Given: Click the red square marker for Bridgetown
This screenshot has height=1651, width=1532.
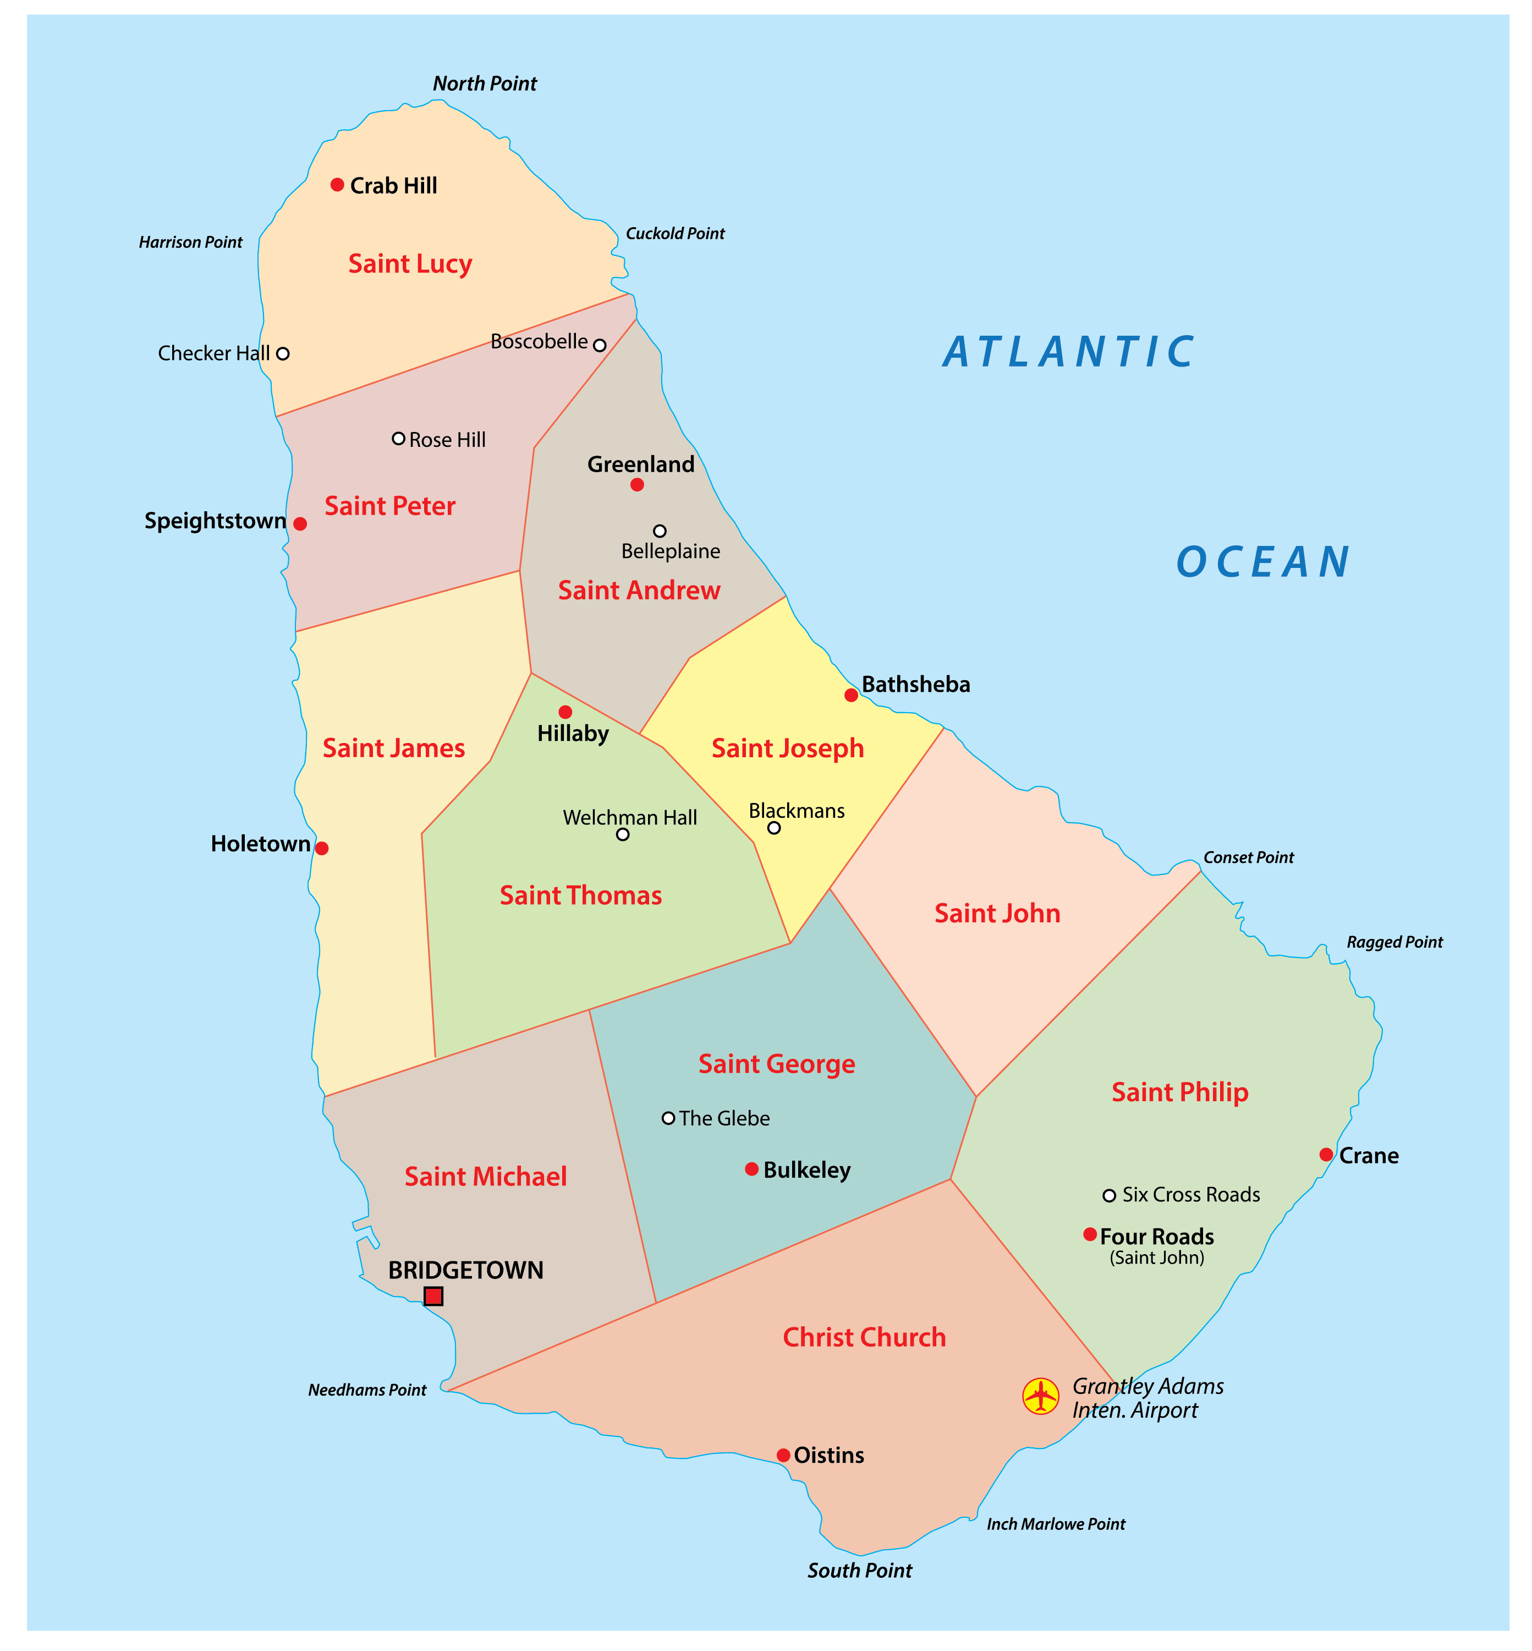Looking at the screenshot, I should (433, 1296).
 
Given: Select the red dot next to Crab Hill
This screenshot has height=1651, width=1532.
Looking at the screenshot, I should (337, 185).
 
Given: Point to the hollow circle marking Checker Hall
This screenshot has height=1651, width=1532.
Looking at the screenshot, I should (283, 353).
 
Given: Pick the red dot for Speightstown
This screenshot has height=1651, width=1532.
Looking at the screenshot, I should (300, 524).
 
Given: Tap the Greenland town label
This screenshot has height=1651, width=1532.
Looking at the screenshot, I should (641, 464).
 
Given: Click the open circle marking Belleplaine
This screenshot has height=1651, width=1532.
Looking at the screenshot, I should (660, 531).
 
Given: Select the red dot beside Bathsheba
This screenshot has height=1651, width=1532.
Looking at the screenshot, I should (852, 695).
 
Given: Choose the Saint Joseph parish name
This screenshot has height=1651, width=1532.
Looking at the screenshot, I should (788, 748).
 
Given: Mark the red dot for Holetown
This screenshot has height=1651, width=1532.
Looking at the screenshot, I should (322, 848).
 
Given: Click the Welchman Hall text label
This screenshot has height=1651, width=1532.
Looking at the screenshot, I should (630, 818).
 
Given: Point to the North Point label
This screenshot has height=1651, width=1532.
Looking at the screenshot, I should (485, 84).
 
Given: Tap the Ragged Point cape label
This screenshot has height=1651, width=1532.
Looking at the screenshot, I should (1394, 942).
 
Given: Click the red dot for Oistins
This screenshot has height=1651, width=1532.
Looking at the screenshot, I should (783, 1455).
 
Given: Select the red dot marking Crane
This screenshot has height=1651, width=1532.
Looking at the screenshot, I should (1326, 1154).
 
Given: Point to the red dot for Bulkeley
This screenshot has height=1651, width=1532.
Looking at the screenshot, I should (752, 1169).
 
